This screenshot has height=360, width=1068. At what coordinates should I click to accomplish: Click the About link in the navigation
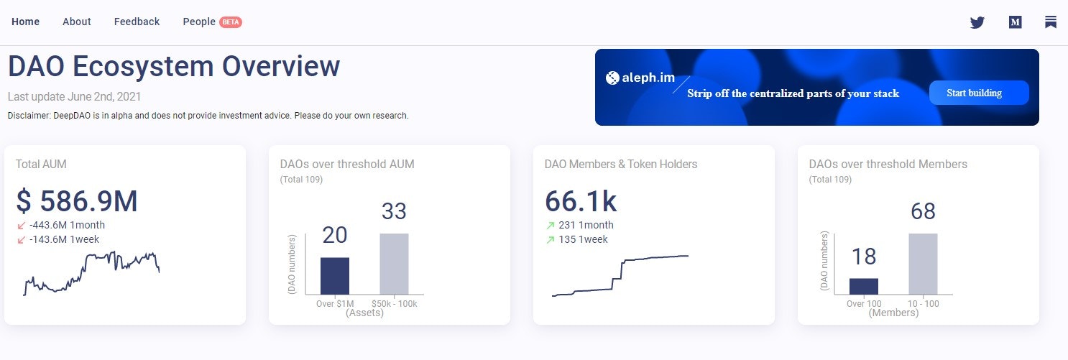tap(76, 22)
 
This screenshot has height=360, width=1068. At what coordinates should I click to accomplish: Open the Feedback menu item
tap(137, 22)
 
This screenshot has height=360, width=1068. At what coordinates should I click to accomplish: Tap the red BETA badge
tap(231, 22)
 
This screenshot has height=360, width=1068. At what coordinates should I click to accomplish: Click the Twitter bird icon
tap(977, 22)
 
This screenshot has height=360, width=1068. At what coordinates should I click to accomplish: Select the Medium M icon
tap(1015, 22)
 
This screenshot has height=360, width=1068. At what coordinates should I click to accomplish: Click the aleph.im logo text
tap(640, 78)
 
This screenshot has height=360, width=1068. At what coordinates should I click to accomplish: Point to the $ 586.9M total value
tap(77, 201)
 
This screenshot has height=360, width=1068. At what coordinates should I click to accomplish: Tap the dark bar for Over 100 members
tap(863, 286)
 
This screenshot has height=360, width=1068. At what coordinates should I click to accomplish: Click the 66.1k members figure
tap(580, 201)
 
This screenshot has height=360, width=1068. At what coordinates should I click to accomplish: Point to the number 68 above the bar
tap(924, 211)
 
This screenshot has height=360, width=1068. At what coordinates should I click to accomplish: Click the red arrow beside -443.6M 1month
tap(22, 226)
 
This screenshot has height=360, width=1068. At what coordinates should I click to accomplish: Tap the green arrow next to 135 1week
tap(551, 240)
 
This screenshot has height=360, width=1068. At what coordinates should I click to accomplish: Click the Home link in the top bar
tap(25, 22)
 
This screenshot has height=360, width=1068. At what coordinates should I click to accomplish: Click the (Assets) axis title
tap(364, 313)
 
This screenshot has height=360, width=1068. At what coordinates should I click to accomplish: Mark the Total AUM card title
tap(41, 165)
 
